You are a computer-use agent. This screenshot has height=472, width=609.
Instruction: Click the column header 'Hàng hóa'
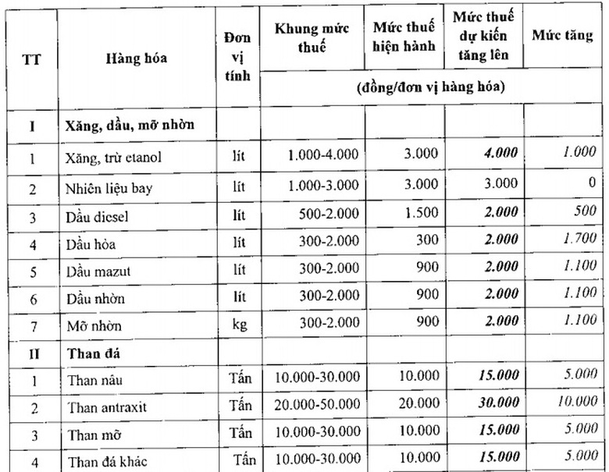137,59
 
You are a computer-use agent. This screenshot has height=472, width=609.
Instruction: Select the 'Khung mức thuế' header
312,37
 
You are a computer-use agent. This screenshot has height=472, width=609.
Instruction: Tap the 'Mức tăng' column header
563,35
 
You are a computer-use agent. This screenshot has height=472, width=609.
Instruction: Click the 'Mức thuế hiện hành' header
404,37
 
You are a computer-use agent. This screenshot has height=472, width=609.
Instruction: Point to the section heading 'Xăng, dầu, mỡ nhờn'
130,125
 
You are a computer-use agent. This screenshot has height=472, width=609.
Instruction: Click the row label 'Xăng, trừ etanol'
114,158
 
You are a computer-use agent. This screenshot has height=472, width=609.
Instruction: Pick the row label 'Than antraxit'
107,407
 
